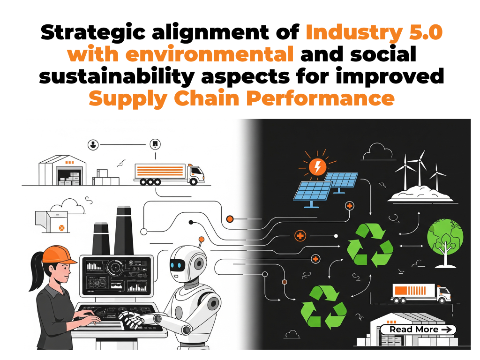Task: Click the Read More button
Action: [x=417, y=330]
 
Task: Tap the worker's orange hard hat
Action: [x=58, y=255]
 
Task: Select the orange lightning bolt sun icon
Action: [x=317, y=166]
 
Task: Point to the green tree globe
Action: [x=444, y=237]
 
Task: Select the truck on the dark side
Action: [x=420, y=292]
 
